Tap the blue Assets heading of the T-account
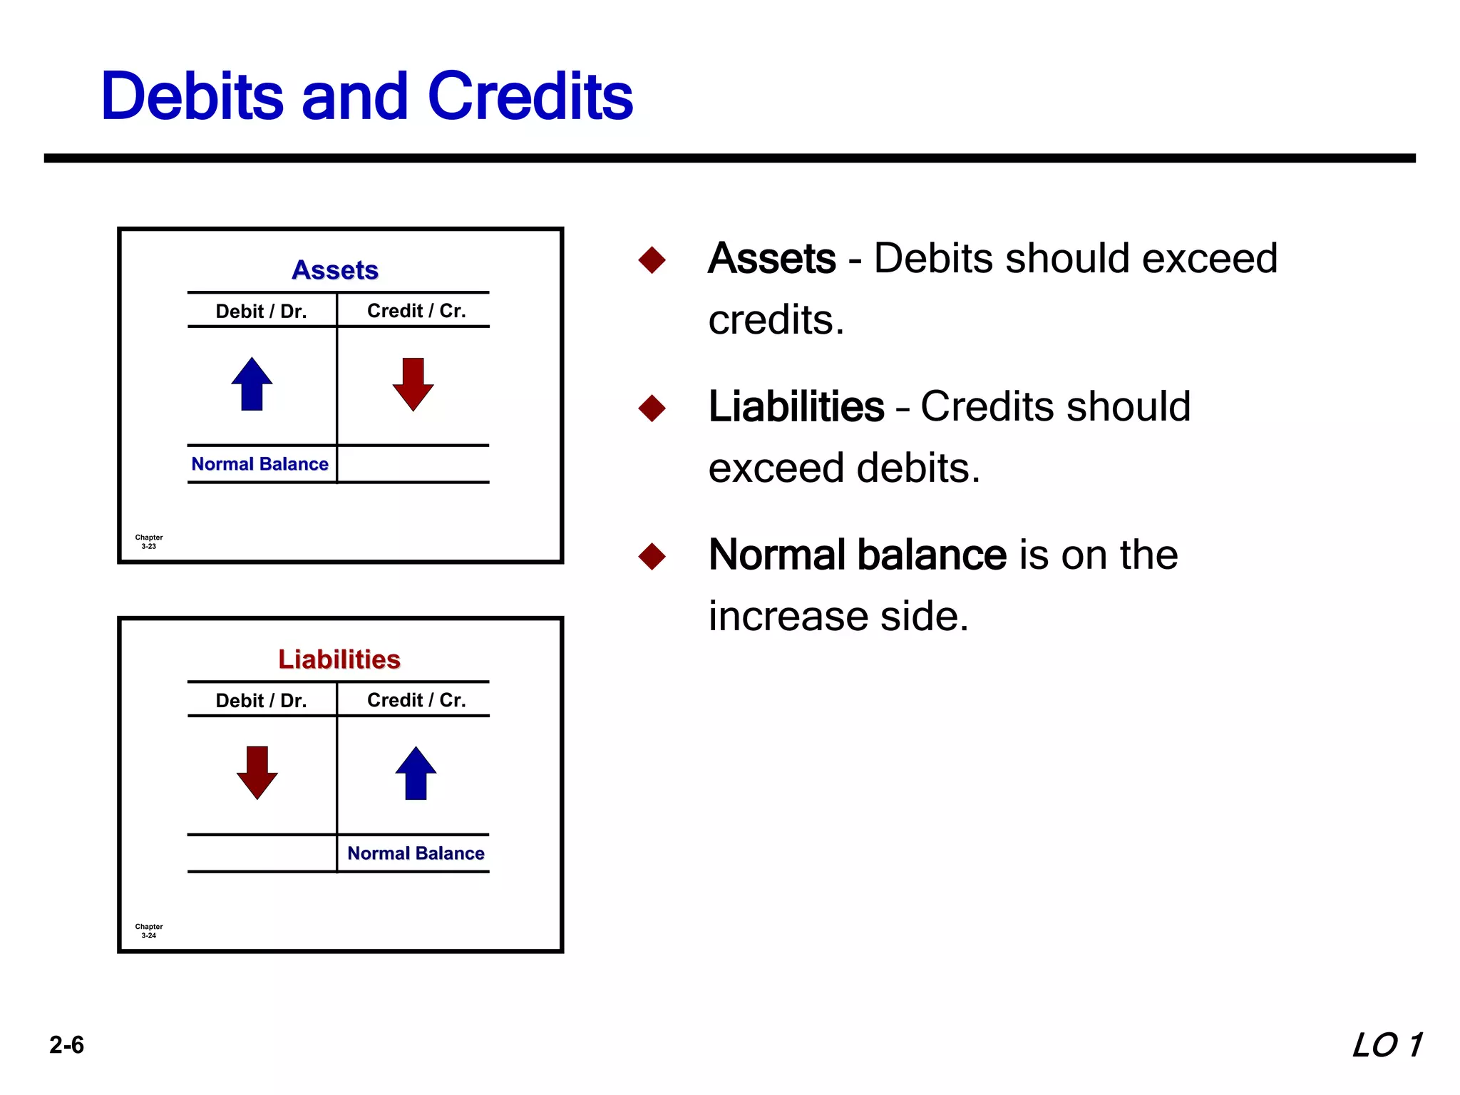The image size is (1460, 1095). [x=335, y=270]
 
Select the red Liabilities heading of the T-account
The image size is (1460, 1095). [x=339, y=659]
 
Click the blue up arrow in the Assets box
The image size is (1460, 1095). [x=252, y=384]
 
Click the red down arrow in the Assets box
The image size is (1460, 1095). [x=413, y=384]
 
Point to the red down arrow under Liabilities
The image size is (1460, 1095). [x=257, y=773]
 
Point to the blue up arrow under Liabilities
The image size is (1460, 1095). [x=416, y=773]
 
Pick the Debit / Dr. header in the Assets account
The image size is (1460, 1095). [x=261, y=312]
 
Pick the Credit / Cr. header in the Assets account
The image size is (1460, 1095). [x=416, y=311]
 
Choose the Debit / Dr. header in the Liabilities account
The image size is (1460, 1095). [x=261, y=701]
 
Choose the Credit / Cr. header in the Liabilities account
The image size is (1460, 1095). [x=416, y=700]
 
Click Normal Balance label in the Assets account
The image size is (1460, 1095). [x=259, y=464]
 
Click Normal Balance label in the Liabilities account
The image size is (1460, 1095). [x=416, y=853]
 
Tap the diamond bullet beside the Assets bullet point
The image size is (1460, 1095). [x=652, y=259]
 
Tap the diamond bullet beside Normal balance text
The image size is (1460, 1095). [x=652, y=556]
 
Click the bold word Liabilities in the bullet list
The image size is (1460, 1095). [x=796, y=407]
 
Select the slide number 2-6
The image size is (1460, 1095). [x=66, y=1045]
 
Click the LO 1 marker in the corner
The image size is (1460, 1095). [x=1387, y=1045]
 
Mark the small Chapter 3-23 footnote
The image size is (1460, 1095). [x=149, y=542]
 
